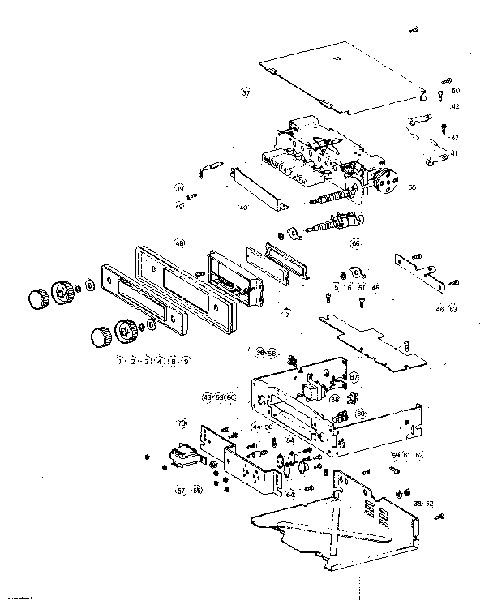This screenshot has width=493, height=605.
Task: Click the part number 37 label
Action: pyautogui.click(x=246, y=92)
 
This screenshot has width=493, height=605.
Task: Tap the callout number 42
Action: pyautogui.click(x=455, y=106)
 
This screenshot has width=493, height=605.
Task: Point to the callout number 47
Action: pyautogui.click(x=455, y=138)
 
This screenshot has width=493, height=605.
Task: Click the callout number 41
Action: pyautogui.click(x=454, y=153)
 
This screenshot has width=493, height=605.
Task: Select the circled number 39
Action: pyautogui.click(x=179, y=188)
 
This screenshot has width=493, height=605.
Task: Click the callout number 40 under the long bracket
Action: pyautogui.click(x=243, y=208)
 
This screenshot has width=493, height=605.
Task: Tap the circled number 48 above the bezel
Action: pyautogui.click(x=179, y=242)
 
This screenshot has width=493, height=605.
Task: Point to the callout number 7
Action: pyautogui.click(x=285, y=312)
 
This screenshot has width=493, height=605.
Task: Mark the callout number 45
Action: pyautogui.click(x=375, y=287)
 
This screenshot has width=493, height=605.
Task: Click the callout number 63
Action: pyautogui.click(x=452, y=309)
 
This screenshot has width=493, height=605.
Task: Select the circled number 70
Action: pyautogui.click(x=182, y=423)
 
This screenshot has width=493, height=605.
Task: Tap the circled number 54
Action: pyautogui.click(x=289, y=440)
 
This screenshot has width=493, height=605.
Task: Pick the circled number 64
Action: pyautogui.click(x=289, y=493)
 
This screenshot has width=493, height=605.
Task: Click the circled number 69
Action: pyautogui.click(x=361, y=413)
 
